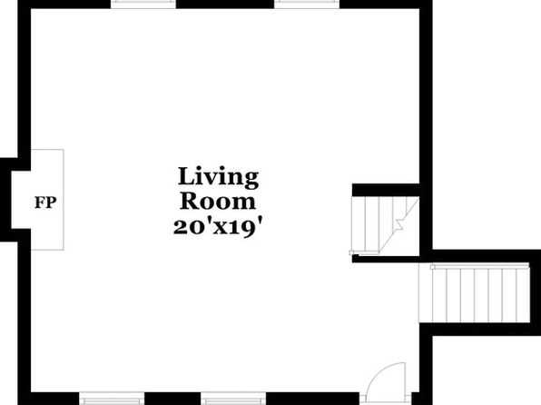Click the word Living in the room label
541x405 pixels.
[218, 177]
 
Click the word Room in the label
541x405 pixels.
[218, 201]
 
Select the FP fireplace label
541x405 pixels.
[45, 202]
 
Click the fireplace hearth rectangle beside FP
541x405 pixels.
[47, 200]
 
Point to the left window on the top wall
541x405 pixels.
[143, 4]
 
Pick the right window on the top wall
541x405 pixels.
[307, 4]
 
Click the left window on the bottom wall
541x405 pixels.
[112, 398]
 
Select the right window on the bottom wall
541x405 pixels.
[233, 398]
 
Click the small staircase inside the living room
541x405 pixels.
[386, 225]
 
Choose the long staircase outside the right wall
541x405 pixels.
[475, 293]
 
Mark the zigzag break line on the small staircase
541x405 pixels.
[399, 223]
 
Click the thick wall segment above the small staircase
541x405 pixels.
[386, 190]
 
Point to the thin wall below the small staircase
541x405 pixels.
[386, 259]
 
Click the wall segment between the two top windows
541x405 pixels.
[225, 5]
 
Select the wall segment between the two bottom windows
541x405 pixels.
[172, 399]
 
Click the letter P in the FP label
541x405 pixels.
[51, 202]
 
